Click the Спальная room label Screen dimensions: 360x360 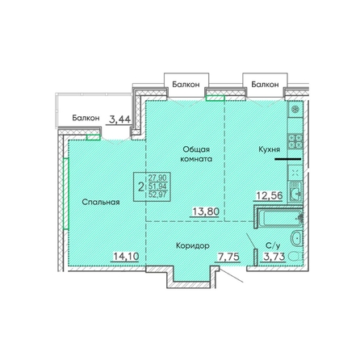click(101, 202)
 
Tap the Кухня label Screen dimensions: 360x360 click(269, 149)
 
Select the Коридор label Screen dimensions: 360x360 click(193, 245)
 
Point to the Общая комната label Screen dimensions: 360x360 click(196, 154)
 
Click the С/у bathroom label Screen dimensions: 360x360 click(273, 245)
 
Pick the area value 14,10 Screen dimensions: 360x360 click(126, 257)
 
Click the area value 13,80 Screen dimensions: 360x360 click(206, 212)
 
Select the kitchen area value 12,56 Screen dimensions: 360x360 click(269, 196)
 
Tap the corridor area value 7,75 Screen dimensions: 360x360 click(228, 257)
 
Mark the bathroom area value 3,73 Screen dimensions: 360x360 click(274, 257)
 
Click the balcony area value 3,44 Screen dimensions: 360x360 click(119, 119)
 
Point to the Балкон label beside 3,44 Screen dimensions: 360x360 click(86, 118)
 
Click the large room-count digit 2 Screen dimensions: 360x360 click(140, 187)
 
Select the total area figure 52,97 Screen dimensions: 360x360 click(157, 194)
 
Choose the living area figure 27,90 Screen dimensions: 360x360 click(157, 178)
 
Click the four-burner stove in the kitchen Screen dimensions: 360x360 click(295, 141)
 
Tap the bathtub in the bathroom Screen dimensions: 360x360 click(280, 218)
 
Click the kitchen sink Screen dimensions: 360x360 click(295, 191)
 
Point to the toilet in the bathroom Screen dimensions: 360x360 click(295, 257)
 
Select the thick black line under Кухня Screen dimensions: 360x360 click(287, 159)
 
